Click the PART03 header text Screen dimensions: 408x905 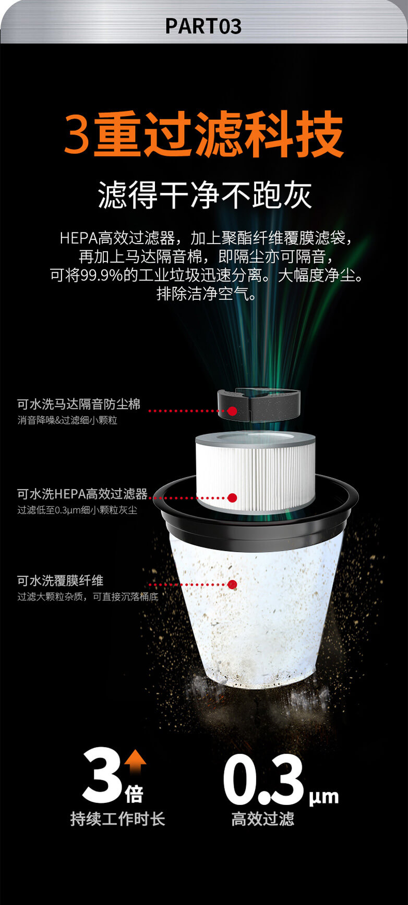click(203, 26)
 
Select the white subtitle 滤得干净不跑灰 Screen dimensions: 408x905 click(205, 196)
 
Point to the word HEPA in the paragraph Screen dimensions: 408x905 click(78, 238)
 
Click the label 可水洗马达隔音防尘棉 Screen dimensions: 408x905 click(79, 404)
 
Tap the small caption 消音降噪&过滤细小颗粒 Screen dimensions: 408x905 click(67, 420)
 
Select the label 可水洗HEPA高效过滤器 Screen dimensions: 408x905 click(82, 494)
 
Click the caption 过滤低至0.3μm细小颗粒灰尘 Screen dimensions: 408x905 click(77, 510)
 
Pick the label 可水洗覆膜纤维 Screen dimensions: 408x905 click(61, 581)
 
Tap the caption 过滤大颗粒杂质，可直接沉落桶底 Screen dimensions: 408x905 click(88, 597)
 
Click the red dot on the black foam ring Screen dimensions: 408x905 click(232, 411)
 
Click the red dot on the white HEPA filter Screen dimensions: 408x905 click(233, 498)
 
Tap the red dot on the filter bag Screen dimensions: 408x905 click(233, 584)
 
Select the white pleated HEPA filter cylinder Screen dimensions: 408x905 click(256, 472)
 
